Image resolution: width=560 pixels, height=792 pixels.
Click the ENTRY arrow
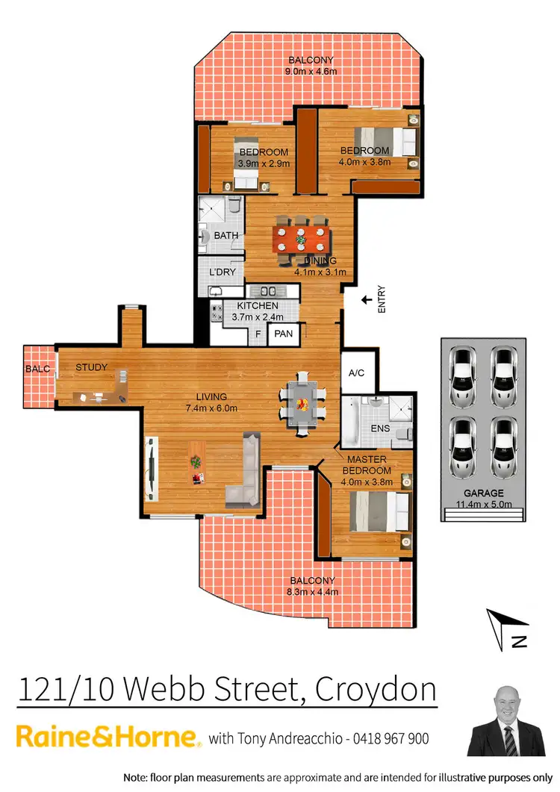tap(365, 300)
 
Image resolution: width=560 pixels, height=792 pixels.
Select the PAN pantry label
tap(283, 334)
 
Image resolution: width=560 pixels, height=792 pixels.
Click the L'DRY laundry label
tap(222, 272)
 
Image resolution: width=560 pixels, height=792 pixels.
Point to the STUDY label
tap(92, 367)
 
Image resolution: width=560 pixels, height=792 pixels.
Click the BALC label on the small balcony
tap(37, 368)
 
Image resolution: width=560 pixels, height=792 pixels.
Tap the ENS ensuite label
tap(380, 429)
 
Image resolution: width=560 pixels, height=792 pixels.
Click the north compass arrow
tap(508, 631)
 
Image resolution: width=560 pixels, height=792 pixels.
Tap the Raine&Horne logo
tap(108, 738)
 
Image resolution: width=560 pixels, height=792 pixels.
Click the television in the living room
tap(152, 469)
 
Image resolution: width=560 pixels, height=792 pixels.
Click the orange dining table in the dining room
tap(300, 241)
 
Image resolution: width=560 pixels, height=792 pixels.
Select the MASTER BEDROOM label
tap(367, 466)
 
